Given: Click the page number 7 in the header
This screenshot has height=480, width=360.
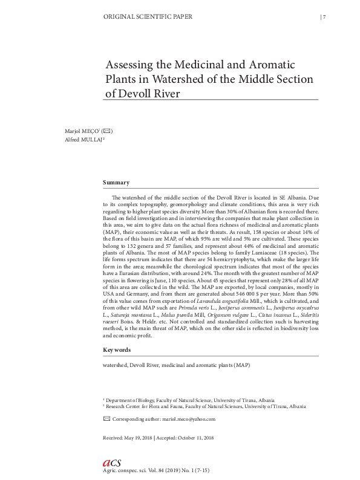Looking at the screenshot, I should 324,17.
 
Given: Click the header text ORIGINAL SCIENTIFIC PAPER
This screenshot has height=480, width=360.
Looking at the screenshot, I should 149,17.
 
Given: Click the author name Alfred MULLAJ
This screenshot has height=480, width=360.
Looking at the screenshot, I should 84,139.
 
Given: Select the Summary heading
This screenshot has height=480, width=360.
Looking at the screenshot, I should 116,182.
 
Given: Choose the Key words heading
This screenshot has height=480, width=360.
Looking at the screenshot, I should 117,350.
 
